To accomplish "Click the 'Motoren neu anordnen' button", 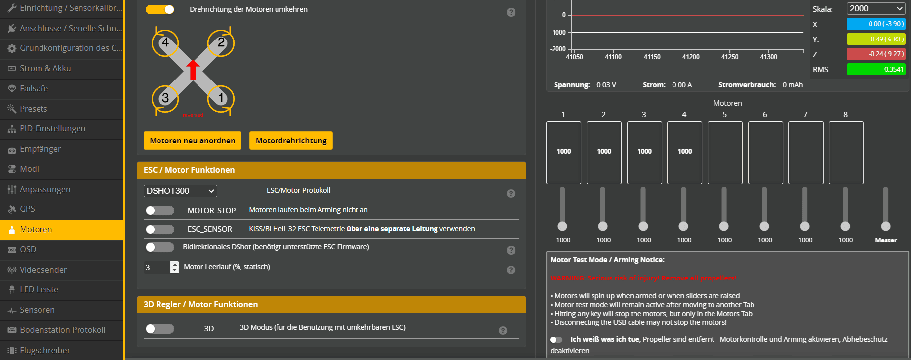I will coord(192,140).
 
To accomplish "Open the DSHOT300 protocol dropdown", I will coord(180,191).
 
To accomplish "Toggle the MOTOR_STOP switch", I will coord(159,211).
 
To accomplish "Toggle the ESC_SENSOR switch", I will coord(159,229).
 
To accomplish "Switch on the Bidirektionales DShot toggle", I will coord(159,247).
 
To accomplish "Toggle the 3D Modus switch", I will coord(159,329).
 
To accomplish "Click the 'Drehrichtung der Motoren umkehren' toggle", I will coord(159,9).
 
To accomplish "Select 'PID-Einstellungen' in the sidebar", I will coord(52,128).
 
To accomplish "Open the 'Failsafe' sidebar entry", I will coord(34,88).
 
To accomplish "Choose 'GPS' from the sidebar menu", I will coord(27,209).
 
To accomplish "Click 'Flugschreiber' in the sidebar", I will coord(44,350).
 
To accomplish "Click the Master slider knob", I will coord(886,226).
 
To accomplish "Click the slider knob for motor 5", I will coord(724,226).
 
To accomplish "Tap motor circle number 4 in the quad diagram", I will coord(165,43).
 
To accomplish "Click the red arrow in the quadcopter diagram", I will coord(193,70).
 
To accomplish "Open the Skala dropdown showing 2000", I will coord(876,8).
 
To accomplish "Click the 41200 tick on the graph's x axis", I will coord(691,57).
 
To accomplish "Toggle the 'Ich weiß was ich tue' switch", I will coord(556,340).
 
